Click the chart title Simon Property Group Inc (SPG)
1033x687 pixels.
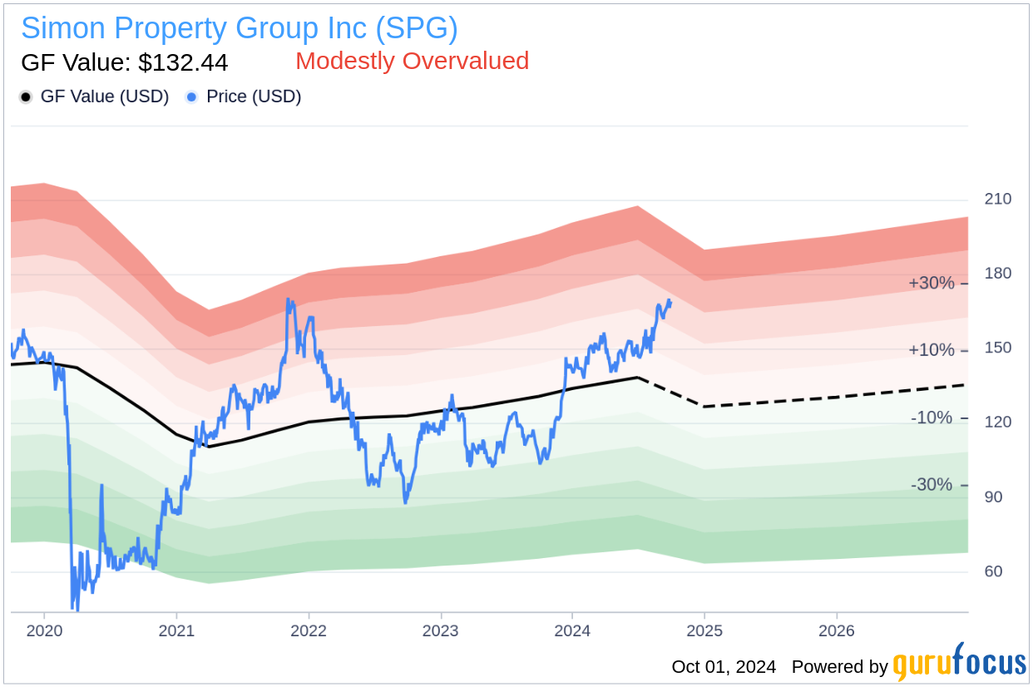click(240, 28)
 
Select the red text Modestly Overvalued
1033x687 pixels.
click(412, 61)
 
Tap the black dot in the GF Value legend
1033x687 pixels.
click(26, 97)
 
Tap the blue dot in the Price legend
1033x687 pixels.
click(192, 97)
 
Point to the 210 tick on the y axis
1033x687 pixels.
click(997, 199)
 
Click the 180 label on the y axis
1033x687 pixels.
click(997, 274)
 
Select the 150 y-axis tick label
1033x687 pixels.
click(997, 348)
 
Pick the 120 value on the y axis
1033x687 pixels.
click(997, 422)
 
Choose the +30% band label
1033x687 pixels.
click(931, 283)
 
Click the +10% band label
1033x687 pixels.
click(931, 350)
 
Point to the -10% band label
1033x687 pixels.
click(931, 418)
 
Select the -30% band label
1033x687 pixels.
click(931, 484)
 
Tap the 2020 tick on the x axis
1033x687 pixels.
click(44, 631)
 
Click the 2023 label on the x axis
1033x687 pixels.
click(440, 631)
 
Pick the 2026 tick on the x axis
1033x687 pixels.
click(836, 631)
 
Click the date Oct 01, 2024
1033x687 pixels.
click(724, 666)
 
